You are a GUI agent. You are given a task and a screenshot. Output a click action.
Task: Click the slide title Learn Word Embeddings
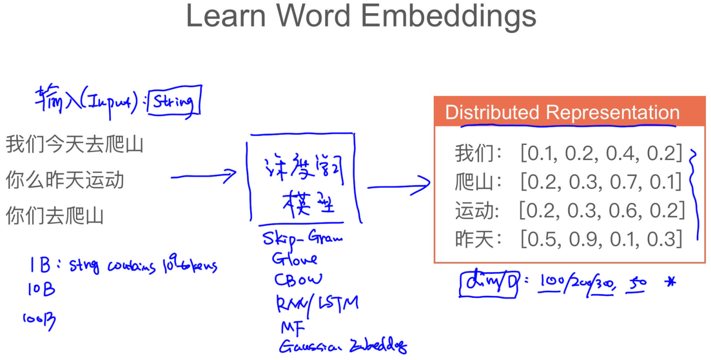[x=361, y=16]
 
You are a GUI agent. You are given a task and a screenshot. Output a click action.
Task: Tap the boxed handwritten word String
[x=174, y=102]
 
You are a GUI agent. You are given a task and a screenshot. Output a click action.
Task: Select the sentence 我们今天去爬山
[x=74, y=145]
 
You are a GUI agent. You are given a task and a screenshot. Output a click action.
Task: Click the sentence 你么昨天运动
[x=65, y=180]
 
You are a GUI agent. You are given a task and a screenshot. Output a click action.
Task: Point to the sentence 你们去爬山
[x=55, y=215]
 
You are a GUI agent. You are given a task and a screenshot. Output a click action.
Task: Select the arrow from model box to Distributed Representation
[x=399, y=186]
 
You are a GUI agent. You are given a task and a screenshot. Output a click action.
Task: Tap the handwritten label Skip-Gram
[x=302, y=238]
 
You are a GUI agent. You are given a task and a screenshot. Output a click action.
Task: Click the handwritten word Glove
[x=295, y=259]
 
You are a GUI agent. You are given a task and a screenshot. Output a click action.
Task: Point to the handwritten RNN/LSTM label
[x=317, y=303]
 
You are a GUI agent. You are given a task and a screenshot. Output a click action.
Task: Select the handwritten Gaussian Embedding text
[x=343, y=347]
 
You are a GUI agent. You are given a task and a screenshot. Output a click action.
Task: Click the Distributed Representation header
[x=562, y=113]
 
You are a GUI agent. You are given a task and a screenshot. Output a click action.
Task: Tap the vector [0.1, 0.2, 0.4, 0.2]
[x=601, y=153]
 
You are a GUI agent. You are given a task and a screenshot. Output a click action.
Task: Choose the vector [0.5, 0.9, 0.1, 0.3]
[x=601, y=239]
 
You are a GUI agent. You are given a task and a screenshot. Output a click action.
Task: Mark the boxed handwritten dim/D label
[x=489, y=283]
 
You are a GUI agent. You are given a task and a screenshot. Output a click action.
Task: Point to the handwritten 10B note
[x=41, y=290]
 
